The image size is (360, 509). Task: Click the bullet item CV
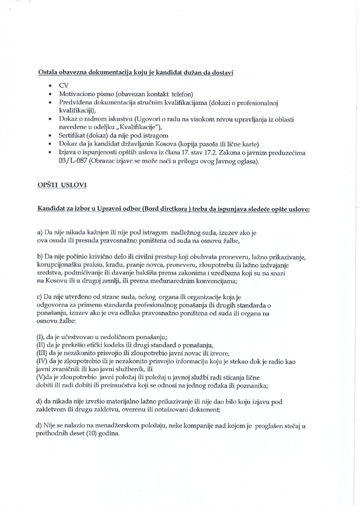coord(64,86)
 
